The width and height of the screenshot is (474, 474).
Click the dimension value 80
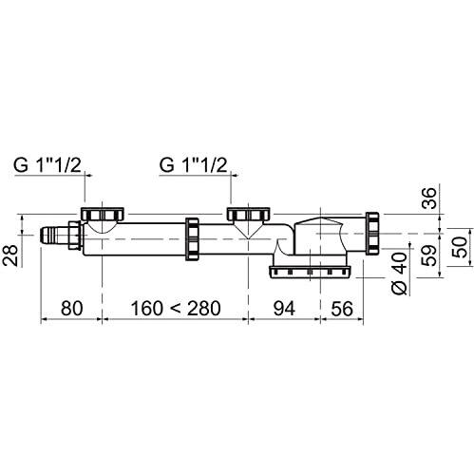(72, 308)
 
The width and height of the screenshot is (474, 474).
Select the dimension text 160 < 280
(176, 308)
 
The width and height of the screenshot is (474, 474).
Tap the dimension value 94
(284, 308)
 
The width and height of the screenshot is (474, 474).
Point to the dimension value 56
(342, 309)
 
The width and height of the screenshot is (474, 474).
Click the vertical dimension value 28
(10, 255)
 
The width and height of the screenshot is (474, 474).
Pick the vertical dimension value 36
(429, 198)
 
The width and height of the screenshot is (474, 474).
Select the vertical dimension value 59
(430, 256)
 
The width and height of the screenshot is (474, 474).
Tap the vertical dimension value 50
(460, 247)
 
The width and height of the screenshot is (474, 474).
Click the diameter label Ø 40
(400, 274)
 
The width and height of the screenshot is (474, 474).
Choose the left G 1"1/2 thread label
(47, 165)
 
